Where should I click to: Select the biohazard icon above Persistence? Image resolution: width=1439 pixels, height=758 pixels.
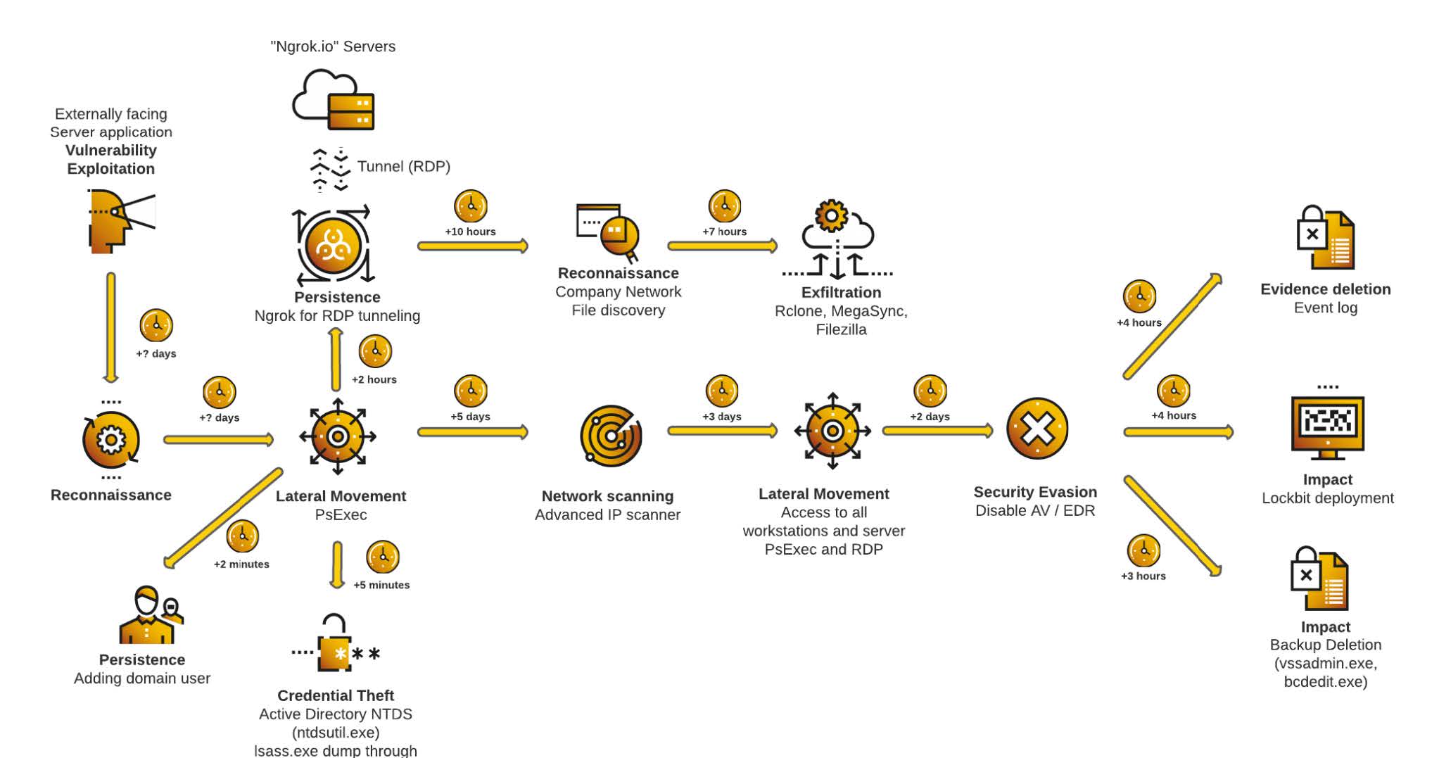click(333, 246)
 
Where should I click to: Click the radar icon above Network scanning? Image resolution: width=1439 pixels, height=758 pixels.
click(611, 436)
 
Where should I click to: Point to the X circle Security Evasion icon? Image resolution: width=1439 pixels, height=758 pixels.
click(1037, 429)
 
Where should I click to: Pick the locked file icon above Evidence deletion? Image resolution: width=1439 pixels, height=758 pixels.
click(1325, 237)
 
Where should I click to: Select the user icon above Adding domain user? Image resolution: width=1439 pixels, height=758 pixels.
click(151, 614)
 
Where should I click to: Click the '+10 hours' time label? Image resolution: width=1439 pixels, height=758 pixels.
click(470, 232)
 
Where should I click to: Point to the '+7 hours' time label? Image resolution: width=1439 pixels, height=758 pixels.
click(724, 232)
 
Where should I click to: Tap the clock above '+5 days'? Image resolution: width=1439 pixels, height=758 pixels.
click(471, 391)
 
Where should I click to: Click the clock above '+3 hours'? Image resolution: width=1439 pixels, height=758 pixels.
click(1143, 550)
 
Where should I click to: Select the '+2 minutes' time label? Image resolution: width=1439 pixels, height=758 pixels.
click(241, 564)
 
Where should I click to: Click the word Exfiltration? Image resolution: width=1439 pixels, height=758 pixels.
click(841, 293)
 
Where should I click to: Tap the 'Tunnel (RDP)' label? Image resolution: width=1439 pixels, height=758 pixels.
click(404, 167)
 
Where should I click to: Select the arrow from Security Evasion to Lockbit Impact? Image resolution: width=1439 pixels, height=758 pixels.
click(1179, 431)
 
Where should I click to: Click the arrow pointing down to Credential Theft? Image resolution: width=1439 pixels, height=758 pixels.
click(337, 565)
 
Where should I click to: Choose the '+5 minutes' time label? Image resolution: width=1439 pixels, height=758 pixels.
click(381, 585)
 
